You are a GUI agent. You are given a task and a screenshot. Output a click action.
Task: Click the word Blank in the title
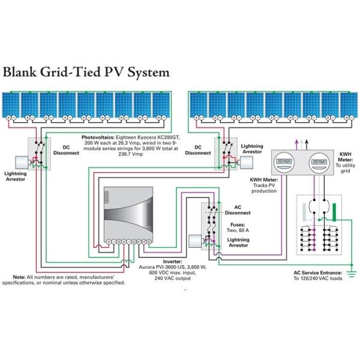pyautogui.click(x=24, y=73)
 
